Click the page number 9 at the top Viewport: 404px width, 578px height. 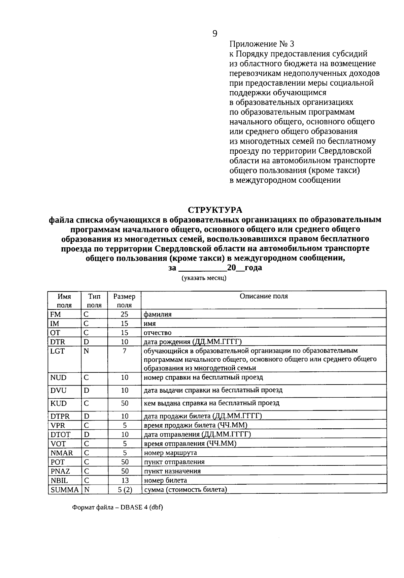coord(215,33)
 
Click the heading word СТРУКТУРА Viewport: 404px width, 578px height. coord(215,210)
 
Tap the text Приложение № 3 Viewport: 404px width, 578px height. coord(262,44)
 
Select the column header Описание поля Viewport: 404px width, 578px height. coord(264,296)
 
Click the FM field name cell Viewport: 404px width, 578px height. coord(56,314)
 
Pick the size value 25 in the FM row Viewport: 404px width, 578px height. coord(125,314)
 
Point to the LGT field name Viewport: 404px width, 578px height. coord(57,351)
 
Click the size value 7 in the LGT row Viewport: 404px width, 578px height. coord(125,351)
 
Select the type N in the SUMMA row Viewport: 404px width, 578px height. coord(87,490)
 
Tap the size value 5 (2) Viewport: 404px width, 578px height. coord(125,490)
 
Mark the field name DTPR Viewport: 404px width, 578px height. coord(60,416)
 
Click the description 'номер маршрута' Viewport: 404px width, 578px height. coord(170,453)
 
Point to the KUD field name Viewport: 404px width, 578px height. coord(58,403)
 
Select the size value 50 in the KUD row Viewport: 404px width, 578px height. coord(125,403)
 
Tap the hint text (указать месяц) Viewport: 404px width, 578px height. coord(204,278)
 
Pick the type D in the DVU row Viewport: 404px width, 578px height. coord(87,390)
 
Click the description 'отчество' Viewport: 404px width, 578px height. coord(158,333)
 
